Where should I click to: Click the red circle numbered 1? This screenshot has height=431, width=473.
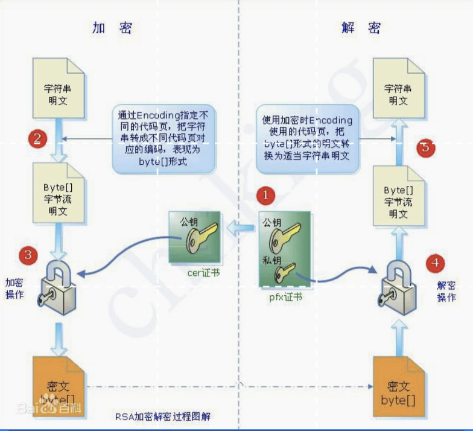pos(266,196)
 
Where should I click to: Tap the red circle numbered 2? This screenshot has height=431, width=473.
pos(37,139)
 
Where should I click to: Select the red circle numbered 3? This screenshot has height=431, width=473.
pos(28,254)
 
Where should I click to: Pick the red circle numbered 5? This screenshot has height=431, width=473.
pos(426,147)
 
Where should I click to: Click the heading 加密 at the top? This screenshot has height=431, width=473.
pos(112,28)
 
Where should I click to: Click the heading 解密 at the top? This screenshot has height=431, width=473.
pos(361,28)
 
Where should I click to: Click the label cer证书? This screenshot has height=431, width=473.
pos(203,273)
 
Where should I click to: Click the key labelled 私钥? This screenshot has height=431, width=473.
pos(284,272)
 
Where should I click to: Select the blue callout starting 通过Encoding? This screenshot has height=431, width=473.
pos(164,138)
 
